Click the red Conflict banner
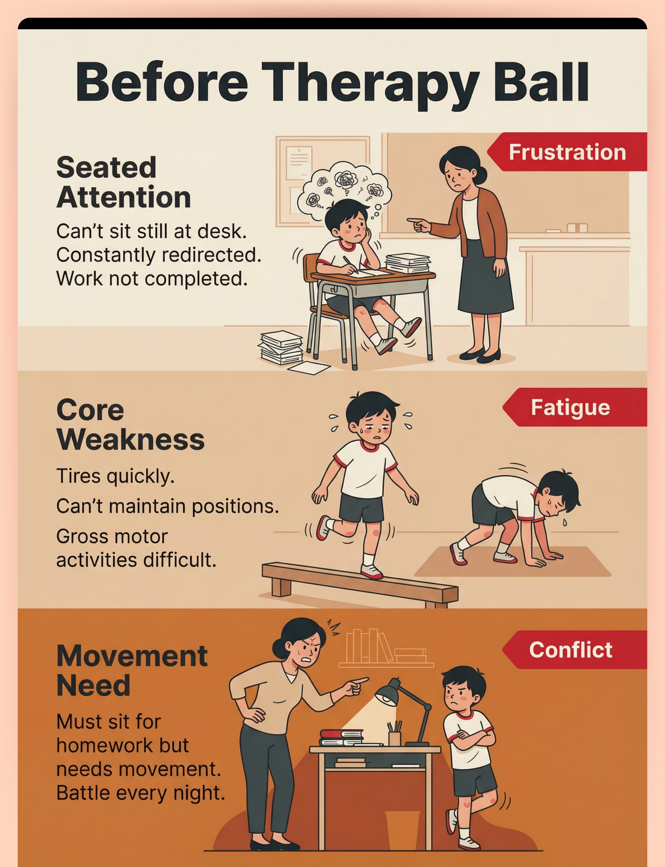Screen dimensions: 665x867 pyautogui.click(x=575, y=650)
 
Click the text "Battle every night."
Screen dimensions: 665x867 pyautogui.click(x=140, y=793)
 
